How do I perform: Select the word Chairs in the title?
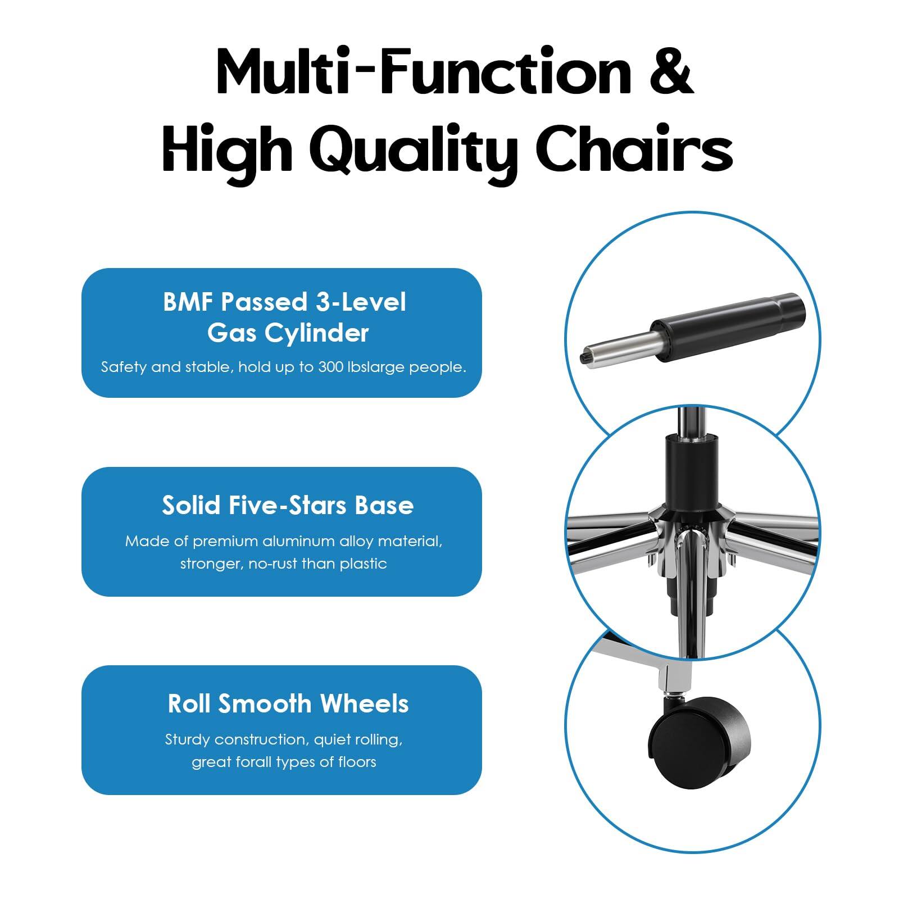click(x=634, y=147)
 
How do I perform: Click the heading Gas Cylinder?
click(x=288, y=333)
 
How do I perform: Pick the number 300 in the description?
click(x=331, y=367)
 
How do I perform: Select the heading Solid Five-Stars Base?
click(x=288, y=505)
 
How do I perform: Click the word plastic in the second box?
click(x=363, y=564)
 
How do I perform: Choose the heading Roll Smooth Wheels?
click(x=288, y=703)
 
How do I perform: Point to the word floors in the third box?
click(x=357, y=762)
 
